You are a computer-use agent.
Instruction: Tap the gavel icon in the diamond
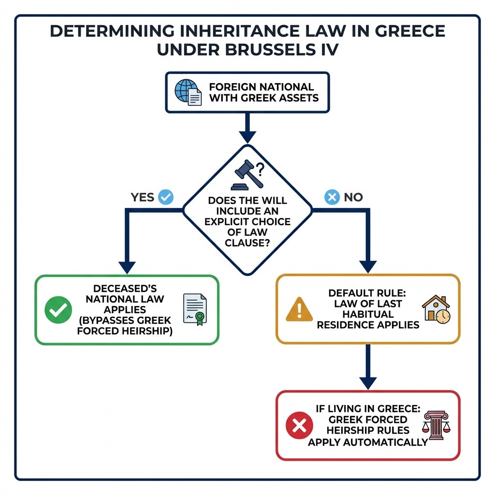click(x=246, y=175)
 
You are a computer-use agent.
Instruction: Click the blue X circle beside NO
click(x=332, y=197)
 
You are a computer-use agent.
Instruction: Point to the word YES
click(x=143, y=197)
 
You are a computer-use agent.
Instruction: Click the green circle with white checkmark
click(x=58, y=310)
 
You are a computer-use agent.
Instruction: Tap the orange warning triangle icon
click(x=299, y=309)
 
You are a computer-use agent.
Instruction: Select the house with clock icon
click(x=436, y=309)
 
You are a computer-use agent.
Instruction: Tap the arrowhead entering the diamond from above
click(x=247, y=137)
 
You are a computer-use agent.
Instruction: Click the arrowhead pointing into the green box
click(x=127, y=267)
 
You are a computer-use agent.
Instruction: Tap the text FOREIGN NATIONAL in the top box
click(x=262, y=87)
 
